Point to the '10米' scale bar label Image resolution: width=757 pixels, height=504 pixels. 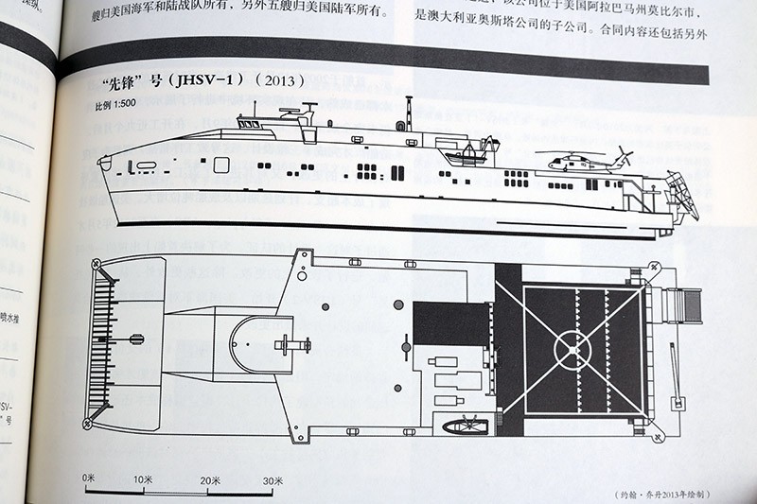point(144,479)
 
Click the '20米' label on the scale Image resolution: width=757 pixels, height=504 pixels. point(208,480)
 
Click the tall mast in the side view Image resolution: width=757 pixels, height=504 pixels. point(409,114)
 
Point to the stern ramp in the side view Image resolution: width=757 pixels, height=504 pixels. point(681,194)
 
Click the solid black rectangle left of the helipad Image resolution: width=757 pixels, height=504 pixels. point(450,323)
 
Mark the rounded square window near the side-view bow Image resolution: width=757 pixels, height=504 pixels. point(221,165)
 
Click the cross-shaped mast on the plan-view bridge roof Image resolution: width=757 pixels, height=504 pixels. point(291,344)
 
